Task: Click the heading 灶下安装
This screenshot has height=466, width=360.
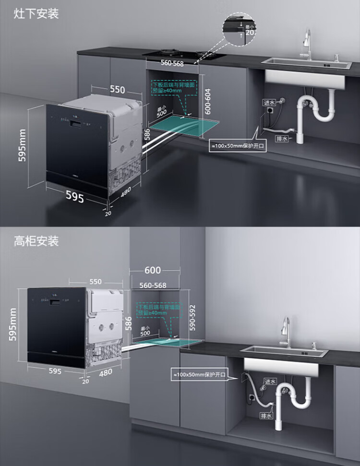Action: coord(36,13)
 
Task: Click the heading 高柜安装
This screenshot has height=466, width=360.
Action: coord(36,240)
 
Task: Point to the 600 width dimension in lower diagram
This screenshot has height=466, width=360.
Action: coord(153,270)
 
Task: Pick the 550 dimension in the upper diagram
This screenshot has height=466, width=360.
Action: coord(117,90)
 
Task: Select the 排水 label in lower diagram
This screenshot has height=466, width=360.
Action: coord(265,415)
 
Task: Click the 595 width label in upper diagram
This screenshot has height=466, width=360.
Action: coord(74,197)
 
